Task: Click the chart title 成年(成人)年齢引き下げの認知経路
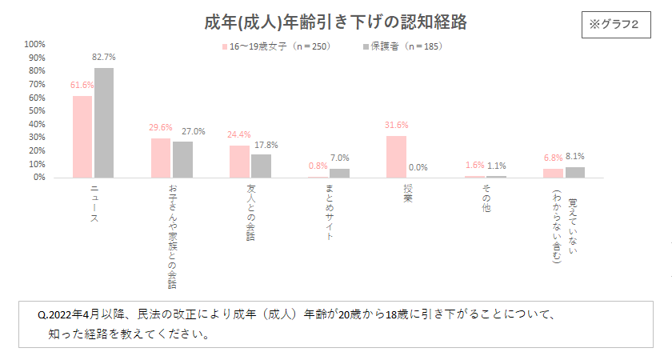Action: point(335,22)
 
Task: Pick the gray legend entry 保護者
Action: point(401,46)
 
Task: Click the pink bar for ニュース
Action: point(82,137)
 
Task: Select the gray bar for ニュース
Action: point(104,122)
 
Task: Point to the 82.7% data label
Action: point(104,58)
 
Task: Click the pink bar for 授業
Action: point(396,157)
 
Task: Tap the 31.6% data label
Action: point(396,125)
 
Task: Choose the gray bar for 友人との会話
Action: point(261,166)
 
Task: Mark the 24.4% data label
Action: point(239,134)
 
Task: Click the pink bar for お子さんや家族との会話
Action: point(161,158)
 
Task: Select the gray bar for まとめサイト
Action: point(339,173)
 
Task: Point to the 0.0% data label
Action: point(418,167)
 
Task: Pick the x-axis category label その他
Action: point(486,197)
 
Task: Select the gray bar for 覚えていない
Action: point(575,172)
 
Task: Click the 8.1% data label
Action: point(575,157)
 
